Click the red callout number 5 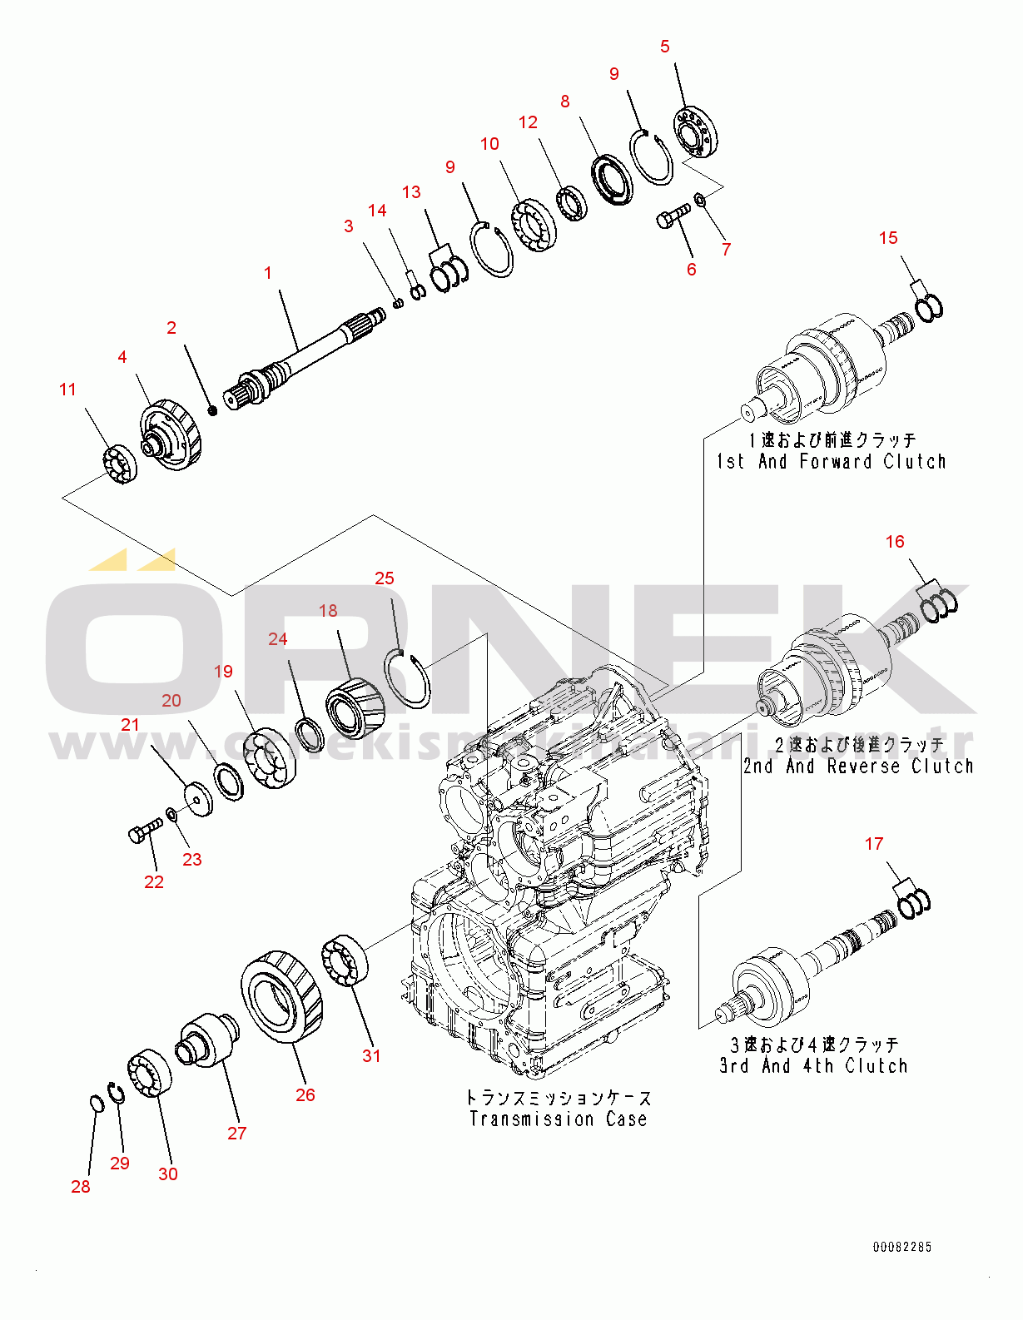664,47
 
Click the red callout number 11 67,390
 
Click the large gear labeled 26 281,995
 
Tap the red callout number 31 371,1056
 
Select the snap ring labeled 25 407,679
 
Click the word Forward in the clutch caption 836,462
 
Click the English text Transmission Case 558,1119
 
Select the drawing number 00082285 902,1247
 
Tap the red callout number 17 873,844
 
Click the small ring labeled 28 96,1104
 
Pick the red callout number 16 895,542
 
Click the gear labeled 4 172,433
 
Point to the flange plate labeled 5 696,132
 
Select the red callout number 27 237,1134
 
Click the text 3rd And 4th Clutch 813,1066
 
